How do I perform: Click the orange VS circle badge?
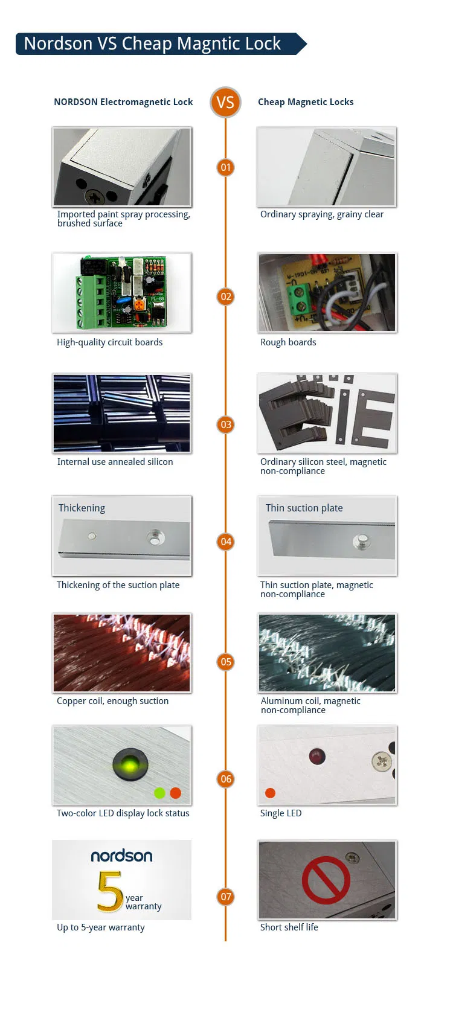coord(225,102)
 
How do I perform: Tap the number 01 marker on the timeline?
coord(225,167)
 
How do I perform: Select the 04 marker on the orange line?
coord(225,542)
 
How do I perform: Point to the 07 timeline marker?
coord(225,897)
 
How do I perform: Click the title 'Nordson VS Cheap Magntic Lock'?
coord(152,44)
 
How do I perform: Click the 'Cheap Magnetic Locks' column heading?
coord(306,102)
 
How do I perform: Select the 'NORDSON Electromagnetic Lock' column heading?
coord(123,102)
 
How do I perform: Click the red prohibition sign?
coord(326,880)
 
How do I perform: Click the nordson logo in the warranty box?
coord(121,856)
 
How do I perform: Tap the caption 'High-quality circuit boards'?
coord(109,342)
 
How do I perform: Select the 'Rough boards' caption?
coord(288,342)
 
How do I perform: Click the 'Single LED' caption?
coord(281,813)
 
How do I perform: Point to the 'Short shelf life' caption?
coord(289,927)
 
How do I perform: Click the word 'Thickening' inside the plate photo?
coord(82,508)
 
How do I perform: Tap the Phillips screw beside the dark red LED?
coord(381,761)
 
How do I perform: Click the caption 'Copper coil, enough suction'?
coord(112,701)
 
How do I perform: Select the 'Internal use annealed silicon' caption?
coord(115,462)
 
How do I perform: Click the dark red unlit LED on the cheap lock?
coord(317,756)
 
